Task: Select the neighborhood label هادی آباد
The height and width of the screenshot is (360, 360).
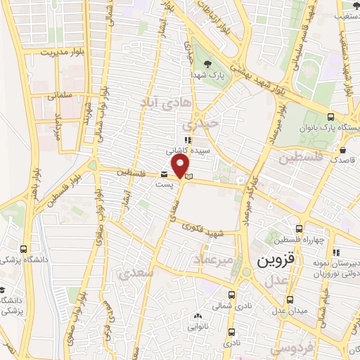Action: (x=166, y=104)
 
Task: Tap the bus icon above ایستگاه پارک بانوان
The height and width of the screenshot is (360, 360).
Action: (x=331, y=117)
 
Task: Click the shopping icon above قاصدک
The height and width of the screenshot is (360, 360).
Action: (x=342, y=150)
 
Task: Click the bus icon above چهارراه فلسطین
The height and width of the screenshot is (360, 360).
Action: (x=300, y=229)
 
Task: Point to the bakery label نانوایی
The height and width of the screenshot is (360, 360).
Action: (x=197, y=326)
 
